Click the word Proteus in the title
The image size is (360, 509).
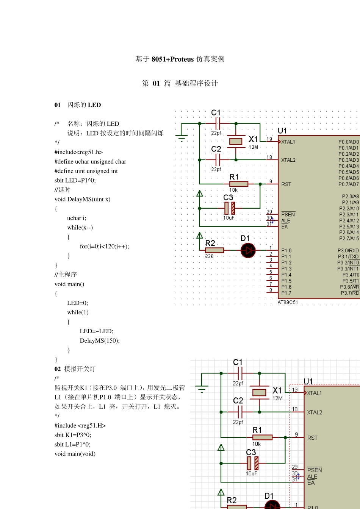(182, 59)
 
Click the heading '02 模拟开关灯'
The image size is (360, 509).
(75, 369)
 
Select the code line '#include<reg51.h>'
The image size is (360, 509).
(78, 152)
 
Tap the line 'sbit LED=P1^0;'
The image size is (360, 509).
(75, 180)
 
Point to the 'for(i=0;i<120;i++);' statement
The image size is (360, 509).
(104, 247)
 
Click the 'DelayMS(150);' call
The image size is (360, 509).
(100, 340)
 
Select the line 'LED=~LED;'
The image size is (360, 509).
(96, 331)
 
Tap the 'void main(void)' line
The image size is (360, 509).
(75, 454)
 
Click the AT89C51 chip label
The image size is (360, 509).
(288, 302)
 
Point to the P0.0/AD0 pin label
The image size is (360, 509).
(349, 142)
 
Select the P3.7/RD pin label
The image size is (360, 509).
(350, 293)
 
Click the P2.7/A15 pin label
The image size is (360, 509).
(349, 238)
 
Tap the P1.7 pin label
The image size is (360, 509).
(286, 293)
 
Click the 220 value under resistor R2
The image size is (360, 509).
(209, 256)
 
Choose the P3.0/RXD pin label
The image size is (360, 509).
(348, 250)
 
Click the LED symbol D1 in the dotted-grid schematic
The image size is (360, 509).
(248, 250)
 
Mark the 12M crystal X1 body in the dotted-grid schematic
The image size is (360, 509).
(236, 141)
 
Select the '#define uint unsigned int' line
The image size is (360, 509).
(86, 171)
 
